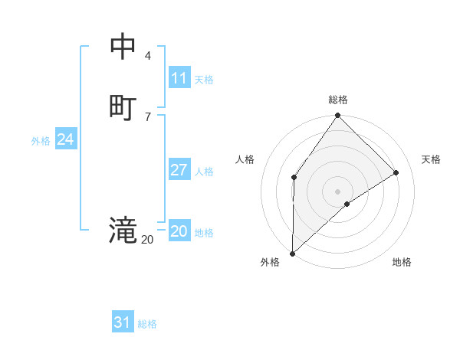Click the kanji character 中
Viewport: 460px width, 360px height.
pos(123,47)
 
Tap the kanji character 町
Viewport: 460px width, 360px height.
pos(123,106)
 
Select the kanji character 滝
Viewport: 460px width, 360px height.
pos(123,230)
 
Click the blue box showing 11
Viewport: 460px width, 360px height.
pos(179,78)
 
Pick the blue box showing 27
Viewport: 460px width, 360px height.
pos(179,170)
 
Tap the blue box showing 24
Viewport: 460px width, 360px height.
pos(65,139)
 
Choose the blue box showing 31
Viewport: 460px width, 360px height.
pos(123,322)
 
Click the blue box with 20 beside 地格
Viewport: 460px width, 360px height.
pos(179,231)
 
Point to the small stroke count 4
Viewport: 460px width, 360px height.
pos(148,55)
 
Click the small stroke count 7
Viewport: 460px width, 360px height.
pos(148,116)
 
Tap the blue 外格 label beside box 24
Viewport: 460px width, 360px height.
pos(41,141)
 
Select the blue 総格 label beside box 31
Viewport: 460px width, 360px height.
pos(147,324)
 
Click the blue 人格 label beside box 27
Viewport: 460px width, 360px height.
pos(204,172)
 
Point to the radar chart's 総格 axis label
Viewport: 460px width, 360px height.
pos(338,100)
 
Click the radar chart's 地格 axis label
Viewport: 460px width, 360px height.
pos(402,262)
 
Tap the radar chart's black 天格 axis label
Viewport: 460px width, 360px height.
pos(431,159)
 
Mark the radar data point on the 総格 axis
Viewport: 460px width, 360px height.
pos(338,116)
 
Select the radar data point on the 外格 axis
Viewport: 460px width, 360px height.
pos(292,253)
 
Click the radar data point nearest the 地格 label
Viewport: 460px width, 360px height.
pos(347,204)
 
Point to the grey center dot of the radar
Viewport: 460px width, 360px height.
pos(338,191)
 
